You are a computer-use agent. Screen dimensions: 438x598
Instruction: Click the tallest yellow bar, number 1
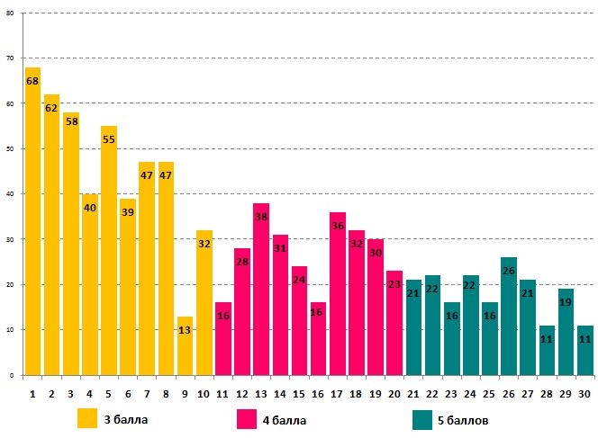pyautogui.click(x=32, y=220)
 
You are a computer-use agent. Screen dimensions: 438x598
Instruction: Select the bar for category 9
pyautogui.click(x=185, y=346)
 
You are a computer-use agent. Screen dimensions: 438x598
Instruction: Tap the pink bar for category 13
pyautogui.click(x=261, y=288)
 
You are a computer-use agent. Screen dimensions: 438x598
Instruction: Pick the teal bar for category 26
pyautogui.click(x=509, y=315)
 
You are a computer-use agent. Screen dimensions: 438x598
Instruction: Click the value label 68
pyautogui.click(x=32, y=81)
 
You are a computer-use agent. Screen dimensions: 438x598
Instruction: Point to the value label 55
pyautogui.click(x=109, y=139)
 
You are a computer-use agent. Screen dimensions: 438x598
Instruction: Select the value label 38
pyautogui.click(x=261, y=217)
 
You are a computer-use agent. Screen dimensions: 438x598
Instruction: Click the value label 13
pyautogui.click(x=185, y=330)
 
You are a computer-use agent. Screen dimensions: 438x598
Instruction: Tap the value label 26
pyautogui.click(x=509, y=271)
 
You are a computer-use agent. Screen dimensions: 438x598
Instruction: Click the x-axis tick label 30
pyautogui.click(x=584, y=393)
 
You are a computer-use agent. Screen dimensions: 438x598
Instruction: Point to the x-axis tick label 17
pyautogui.click(x=338, y=393)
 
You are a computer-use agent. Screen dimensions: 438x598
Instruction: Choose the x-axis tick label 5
pyautogui.click(x=109, y=393)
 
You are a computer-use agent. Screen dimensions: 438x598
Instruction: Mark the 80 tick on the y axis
pyautogui.click(x=11, y=13)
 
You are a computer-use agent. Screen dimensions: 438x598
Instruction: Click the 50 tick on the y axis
pyautogui.click(x=11, y=148)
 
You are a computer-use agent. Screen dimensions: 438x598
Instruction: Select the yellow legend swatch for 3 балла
pyautogui.click(x=87, y=419)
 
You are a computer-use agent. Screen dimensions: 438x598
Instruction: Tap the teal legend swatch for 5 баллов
pyautogui.click(x=423, y=419)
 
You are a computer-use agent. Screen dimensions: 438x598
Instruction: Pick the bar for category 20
pyautogui.click(x=394, y=324)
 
